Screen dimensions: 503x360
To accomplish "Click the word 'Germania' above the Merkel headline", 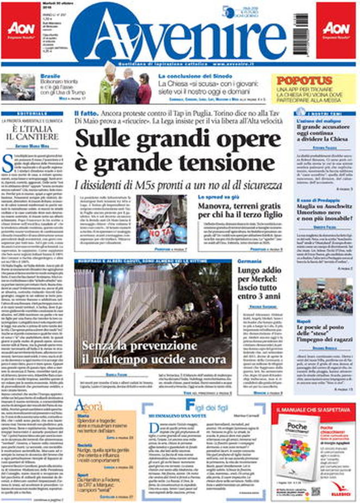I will (250, 262).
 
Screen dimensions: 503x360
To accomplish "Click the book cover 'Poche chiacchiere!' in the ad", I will (294, 447).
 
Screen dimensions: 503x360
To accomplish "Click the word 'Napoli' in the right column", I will (304, 321).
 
